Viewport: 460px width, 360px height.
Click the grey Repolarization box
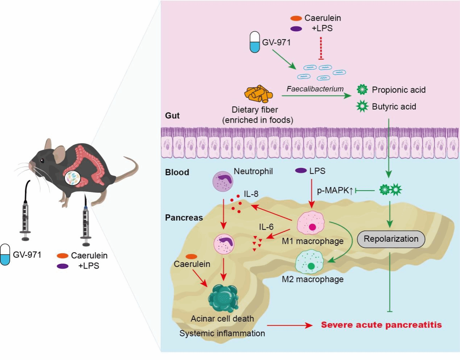click(391, 239)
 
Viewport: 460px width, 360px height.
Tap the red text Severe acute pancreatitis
click(381, 325)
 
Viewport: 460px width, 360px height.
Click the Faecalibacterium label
click(315, 89)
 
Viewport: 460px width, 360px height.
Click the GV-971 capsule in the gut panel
click(255, 42)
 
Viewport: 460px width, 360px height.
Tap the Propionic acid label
click(398, 90)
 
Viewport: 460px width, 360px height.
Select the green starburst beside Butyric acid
click(362, 106)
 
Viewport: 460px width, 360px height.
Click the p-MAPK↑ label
click(335, 190)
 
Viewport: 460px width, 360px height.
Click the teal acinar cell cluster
click(223, 298)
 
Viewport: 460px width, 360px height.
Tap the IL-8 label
click(251, 194)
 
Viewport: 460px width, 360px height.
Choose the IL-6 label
click(266, 227)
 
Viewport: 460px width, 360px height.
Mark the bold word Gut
click(172, 116)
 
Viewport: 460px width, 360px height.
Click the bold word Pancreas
click(184, 218)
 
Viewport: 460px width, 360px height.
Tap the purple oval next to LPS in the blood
click(301, 171)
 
